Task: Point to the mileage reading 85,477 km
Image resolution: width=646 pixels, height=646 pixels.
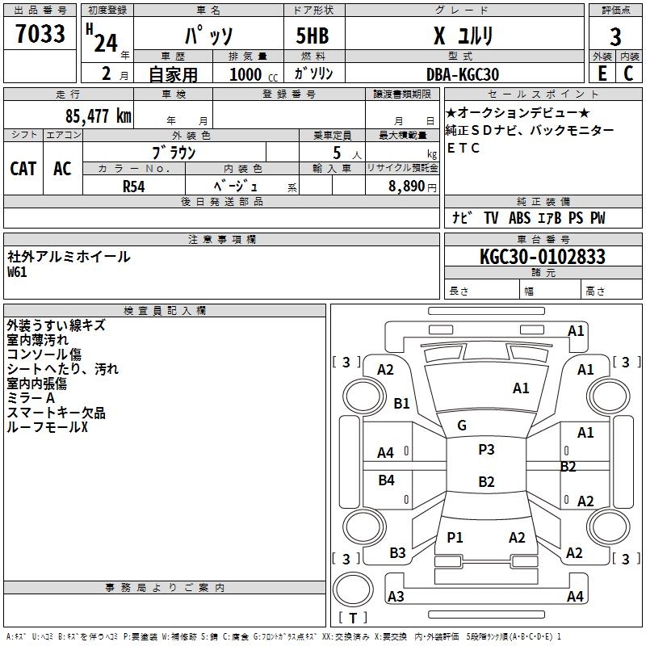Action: click(x=98, y=116)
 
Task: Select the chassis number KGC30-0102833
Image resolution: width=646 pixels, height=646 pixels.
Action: click(x=542, y=257)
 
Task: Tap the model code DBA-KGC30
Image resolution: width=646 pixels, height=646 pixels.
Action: click(x=463, y=74)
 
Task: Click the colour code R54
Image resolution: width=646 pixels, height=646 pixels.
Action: click(x=134, y=185)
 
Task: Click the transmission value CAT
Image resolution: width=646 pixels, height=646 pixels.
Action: click(x=23, y=169)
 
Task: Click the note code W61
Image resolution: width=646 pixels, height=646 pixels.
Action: click(x=17, y=272)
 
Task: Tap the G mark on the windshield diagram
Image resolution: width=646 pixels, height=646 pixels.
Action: click(x=462, y=425)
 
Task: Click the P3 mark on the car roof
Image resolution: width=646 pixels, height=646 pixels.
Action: click(x=486, y=450)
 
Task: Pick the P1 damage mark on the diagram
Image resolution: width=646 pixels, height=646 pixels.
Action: click(x=455, y=538)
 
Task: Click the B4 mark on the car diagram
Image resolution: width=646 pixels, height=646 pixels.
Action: click(x=387, y=480)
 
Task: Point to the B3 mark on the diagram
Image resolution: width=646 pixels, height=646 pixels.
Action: click(x=397, y=553)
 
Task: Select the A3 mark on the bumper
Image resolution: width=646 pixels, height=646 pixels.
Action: click(x=396, y=596)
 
